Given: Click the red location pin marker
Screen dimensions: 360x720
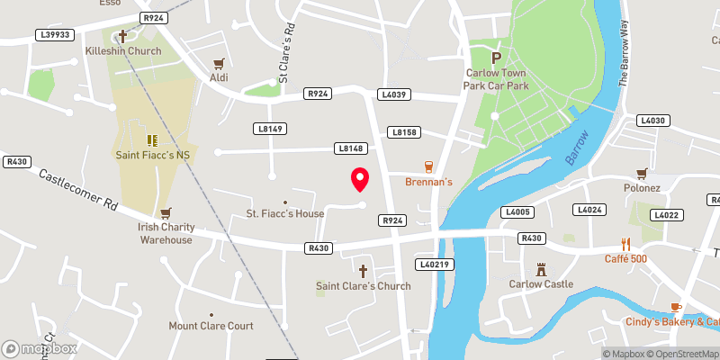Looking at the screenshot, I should click(360, 179).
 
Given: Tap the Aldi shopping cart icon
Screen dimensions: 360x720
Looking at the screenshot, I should click(218, 64).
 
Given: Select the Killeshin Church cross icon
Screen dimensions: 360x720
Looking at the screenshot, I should click(123, 36).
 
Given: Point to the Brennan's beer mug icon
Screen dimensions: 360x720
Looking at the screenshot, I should click(428, 166).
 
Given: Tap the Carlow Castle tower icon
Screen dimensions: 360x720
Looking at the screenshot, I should click(541, 269).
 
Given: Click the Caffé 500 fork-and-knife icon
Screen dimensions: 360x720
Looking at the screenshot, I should click(625, 243).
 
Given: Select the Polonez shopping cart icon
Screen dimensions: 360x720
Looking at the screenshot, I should click(642, 174).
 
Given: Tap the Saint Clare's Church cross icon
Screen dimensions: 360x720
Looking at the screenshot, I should click(364, 270).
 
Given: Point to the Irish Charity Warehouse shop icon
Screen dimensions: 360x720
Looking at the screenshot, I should click(165, 213).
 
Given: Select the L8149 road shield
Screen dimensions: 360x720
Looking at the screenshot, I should click(270, 130).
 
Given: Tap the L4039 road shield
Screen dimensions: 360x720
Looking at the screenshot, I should click(395, 94).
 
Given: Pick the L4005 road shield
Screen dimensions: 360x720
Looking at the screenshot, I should click(517, 212).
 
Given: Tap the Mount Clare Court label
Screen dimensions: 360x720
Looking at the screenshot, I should click(211, 326).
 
